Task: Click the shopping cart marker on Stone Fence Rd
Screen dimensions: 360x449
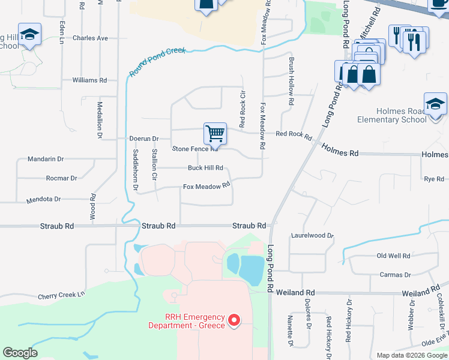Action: (215, 134)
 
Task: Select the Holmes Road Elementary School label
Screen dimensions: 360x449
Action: (402, 115)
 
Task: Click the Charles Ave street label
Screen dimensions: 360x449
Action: (90, 38)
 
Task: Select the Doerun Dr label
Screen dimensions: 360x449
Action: (143, 138)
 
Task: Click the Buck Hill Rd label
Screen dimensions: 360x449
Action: (205, 168)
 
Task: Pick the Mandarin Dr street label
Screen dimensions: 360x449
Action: (46, 159)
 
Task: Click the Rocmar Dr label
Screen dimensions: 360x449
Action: (62, 178)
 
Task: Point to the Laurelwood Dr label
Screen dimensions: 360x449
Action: (312, 236)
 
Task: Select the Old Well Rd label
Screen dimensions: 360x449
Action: (393, 256)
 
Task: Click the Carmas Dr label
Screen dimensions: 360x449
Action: (395, 275)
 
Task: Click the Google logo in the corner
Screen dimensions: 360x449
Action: (20, 353)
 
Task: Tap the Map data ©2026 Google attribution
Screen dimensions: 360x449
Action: (411, 355)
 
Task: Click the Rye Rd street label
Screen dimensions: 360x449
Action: (434, 179)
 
